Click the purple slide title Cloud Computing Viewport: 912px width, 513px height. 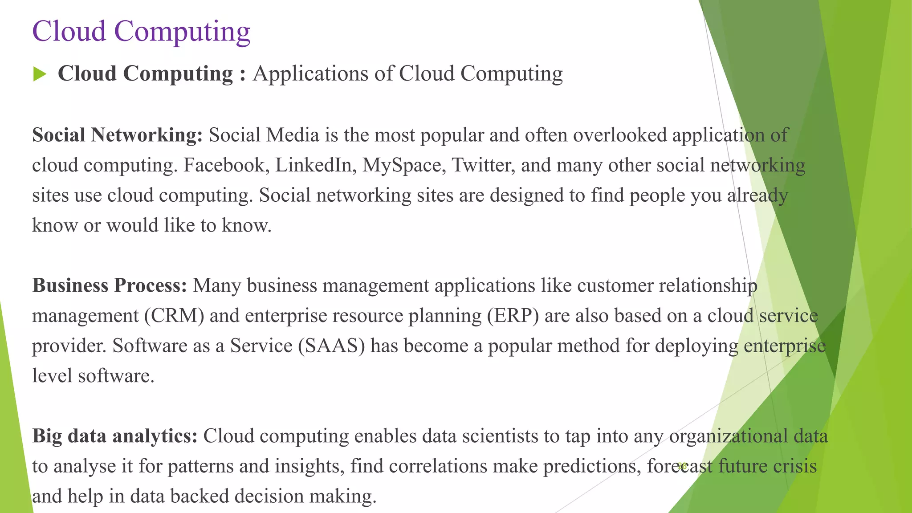[141, 32]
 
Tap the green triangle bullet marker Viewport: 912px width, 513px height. [40, 74]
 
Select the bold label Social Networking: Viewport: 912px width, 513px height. [118, 135]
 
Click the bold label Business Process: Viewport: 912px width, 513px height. [110, 285]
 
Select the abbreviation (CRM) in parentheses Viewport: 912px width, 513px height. [174, 316]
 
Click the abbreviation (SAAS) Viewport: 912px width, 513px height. [331, 346]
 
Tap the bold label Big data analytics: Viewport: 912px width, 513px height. [115, 436]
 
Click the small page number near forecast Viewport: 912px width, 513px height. [682, 466]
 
